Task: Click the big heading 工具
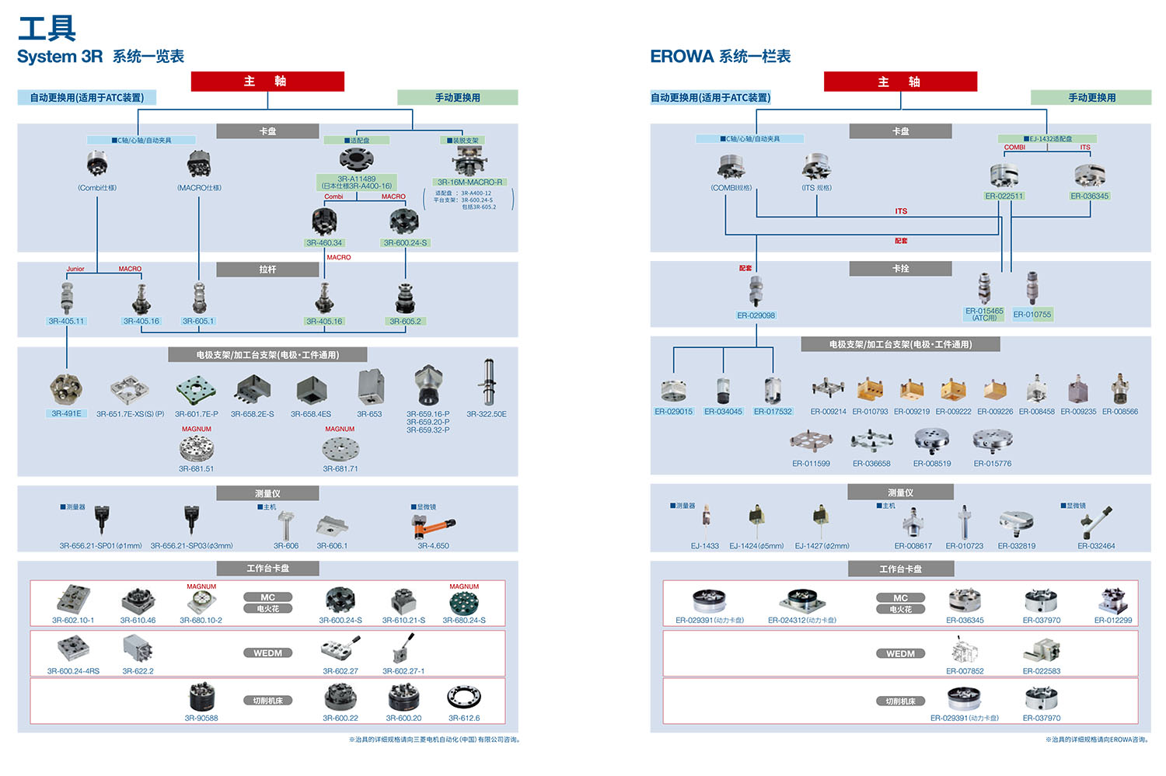47,29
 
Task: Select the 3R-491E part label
66,413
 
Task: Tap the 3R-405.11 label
66,321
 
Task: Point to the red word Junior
75,269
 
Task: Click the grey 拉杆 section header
267,270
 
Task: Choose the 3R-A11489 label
357,179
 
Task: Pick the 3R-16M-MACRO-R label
470,182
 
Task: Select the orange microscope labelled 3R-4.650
432,527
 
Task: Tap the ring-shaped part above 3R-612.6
464,697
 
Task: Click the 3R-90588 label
201,718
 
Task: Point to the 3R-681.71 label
340,468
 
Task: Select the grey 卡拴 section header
900,269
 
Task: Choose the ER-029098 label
756,315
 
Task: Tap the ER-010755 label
1032,315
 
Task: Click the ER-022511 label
1004,196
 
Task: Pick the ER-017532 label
773,412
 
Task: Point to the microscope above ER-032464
1095,522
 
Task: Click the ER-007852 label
965,671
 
